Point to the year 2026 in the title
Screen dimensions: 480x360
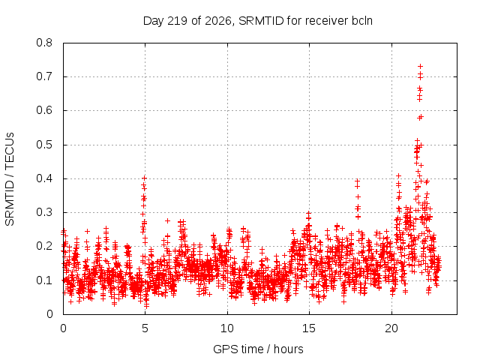pos(218,21)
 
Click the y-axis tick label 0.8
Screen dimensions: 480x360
pos(44,43)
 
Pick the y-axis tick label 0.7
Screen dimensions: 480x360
pos(44,76)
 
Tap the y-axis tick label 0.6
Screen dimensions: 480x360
pos(44,110)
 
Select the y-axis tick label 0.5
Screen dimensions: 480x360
pos(44,145)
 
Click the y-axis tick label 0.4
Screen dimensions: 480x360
pos(44,178)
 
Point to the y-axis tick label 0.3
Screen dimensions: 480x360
pos(44,212)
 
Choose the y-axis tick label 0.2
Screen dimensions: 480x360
pos(44,247)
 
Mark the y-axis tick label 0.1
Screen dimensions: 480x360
pos(44,280)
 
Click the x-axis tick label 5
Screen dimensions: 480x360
pos(145,328)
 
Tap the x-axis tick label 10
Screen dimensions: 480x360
pos(227,328)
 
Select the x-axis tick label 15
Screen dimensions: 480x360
pos(309,328)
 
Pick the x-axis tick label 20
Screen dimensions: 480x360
pos(391,328)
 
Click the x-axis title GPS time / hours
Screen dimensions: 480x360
pos(258,349)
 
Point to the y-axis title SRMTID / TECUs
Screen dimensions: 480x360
pos(10,179)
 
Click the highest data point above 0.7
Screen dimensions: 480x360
pos(420,67)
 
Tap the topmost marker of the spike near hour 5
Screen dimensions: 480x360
pos(145,178)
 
